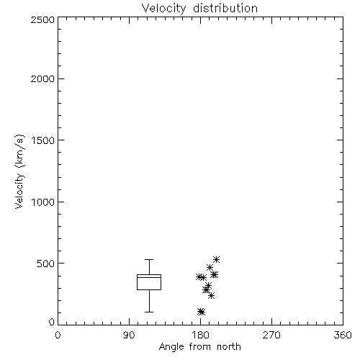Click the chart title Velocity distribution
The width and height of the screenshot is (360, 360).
(199, 8)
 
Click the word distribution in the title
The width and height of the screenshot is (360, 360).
(225, 8)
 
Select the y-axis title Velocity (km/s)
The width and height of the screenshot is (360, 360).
(19, 171)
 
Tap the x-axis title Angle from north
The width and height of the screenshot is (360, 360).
(199, 346)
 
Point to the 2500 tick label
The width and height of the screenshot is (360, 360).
(42, 19)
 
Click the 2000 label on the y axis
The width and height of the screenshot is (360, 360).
(42, 78)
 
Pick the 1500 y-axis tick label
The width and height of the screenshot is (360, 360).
(43, 140)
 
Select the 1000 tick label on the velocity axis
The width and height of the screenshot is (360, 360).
(43, 202)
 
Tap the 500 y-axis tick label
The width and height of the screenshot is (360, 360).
(46, 264)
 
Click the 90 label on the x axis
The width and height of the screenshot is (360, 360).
(129, 335)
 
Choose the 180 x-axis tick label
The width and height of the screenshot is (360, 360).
(200, 335)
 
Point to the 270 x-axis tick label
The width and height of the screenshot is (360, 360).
(271, 335)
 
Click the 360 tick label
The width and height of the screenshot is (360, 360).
(343, 335)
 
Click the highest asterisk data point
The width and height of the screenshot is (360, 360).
(217, 259)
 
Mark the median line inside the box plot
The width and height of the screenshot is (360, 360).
(149, 277)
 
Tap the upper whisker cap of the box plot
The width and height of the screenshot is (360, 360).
(149, 259)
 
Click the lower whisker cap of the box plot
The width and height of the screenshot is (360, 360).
(149, 312)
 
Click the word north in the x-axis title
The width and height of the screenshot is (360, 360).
(229, 346)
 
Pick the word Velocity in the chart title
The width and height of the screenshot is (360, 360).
(163, 8)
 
